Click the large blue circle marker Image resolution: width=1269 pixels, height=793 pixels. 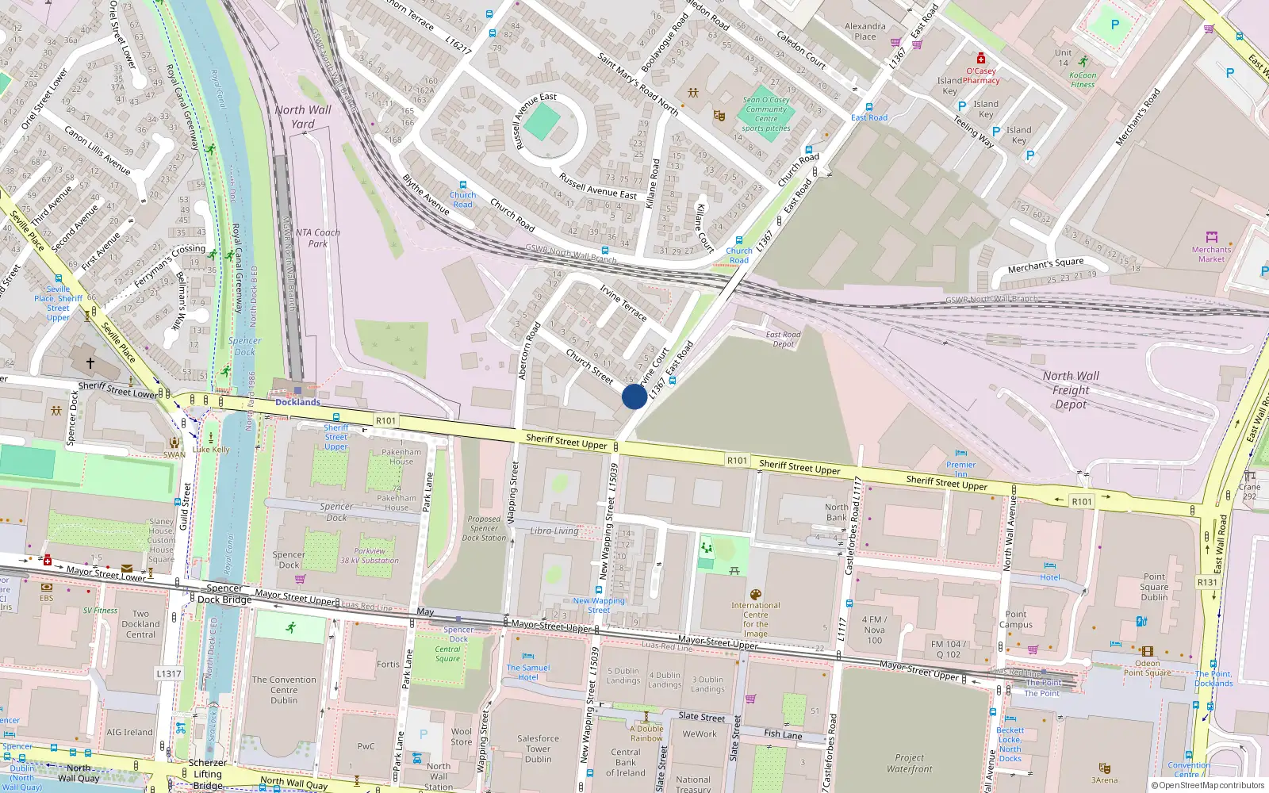(634, 396)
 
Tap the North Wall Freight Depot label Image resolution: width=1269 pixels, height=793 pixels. (1071, 390)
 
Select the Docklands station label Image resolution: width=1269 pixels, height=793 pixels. (298, 402)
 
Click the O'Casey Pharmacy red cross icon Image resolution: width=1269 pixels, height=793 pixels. (981, 59)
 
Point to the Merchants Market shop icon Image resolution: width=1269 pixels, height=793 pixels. (1211, 237)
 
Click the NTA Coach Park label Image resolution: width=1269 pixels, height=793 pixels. (317, 238)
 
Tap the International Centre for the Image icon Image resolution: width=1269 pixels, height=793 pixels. (755, 595)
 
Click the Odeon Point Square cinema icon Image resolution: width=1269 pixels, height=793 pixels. (1147, 652)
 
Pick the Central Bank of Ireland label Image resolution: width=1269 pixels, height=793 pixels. (626, 762)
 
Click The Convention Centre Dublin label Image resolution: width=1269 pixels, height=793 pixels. (284, 690)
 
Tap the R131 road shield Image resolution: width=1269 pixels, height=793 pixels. (1207, 582)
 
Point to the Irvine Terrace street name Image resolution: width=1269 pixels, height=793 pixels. (623, 302)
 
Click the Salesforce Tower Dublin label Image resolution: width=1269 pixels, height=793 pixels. (538, 749)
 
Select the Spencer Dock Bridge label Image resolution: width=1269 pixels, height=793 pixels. (224, 594)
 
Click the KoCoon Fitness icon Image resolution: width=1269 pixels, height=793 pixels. (1083, 61)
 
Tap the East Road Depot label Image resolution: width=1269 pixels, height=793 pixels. (784, 339)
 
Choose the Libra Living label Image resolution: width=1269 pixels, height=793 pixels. (554, 531)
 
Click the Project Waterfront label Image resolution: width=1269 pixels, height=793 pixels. (910, 763)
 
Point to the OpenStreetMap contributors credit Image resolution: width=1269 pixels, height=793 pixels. (1208, 786)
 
